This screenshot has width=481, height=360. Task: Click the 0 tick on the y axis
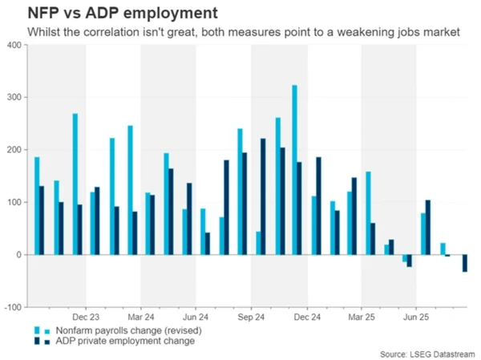click(x=18, y=255)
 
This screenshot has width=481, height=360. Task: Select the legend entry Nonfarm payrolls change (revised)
click(x=127, y=330)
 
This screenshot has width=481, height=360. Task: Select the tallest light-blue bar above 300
click(x=295, y=169)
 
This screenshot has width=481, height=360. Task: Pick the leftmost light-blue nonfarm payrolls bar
click(x=37, y=205)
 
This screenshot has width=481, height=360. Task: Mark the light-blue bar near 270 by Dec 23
click(x=75, y=184)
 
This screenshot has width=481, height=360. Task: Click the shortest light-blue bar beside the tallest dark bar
click(x=258, y=243)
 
